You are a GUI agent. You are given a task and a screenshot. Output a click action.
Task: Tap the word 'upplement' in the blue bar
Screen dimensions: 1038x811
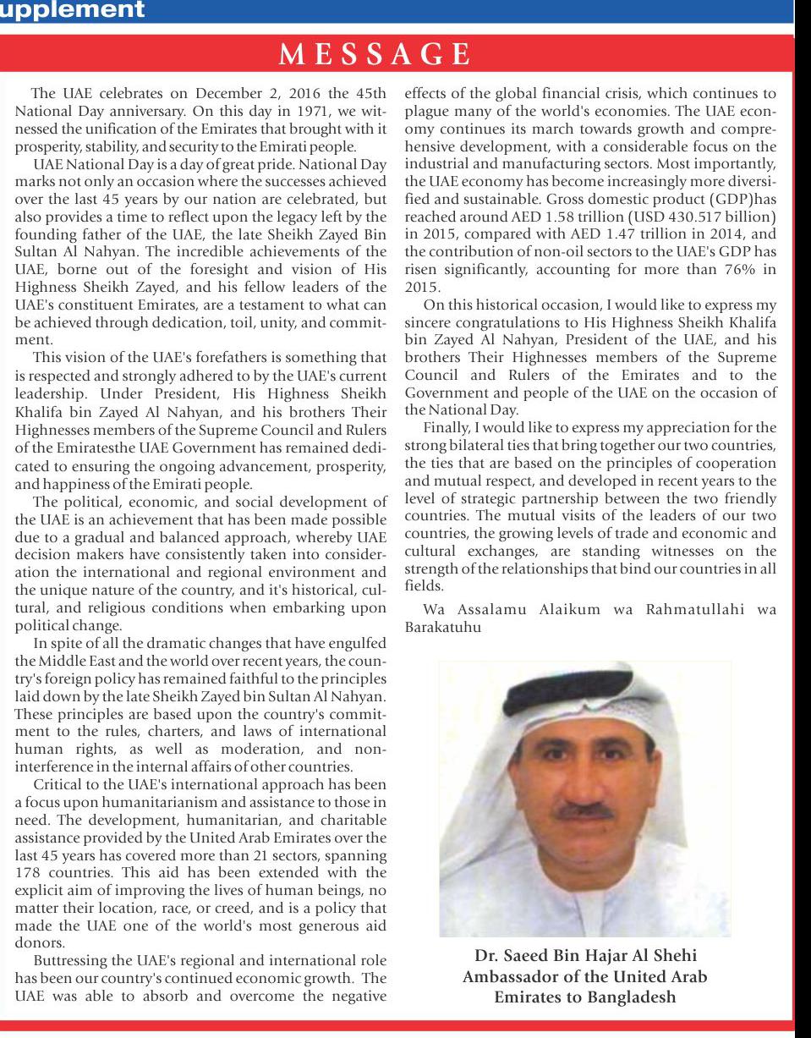click(72, 10)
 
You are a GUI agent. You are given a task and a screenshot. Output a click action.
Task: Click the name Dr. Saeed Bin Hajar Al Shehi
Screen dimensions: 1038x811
click(585, 957)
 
